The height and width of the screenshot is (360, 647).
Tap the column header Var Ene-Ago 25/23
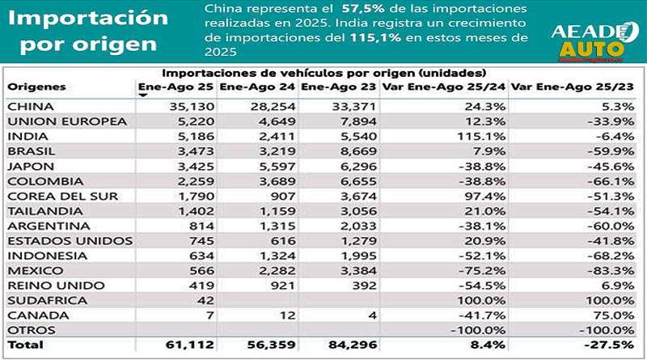[573, 87]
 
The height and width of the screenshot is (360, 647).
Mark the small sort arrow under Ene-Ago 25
[143, 95]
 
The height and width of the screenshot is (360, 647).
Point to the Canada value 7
[209, 315]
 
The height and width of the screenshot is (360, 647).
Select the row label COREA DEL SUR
[50, 195]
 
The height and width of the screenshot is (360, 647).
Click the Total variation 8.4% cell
[494, 345]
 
